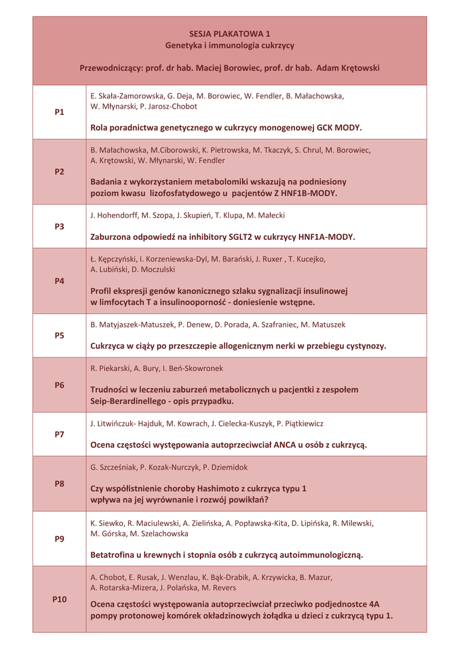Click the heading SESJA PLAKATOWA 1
pyautogui.click(x=230, y=34)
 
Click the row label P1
pyautogui.click(x=60, y=112)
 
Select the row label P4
pyautogui.click(x=60, y=281)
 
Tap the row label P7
pyautogui.click(x=60, y=434)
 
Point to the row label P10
pyautogui.click(x=60, y=599)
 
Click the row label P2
pyautogui.click(x=60, y=172)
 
